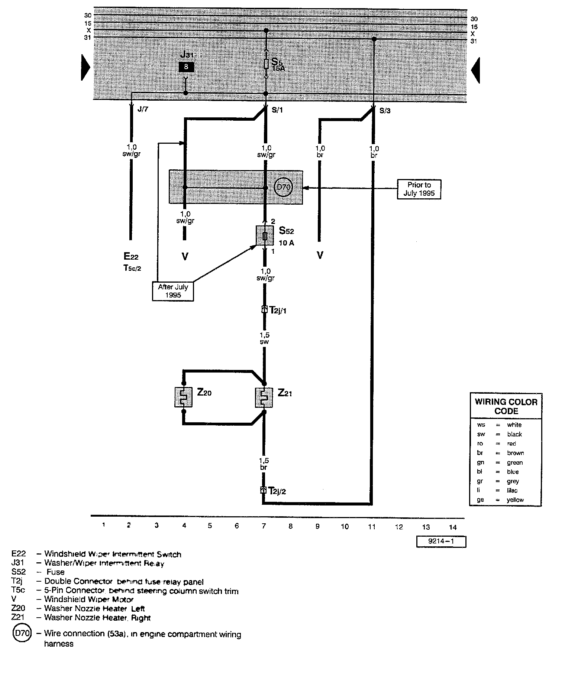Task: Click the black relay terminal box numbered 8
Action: [x=186, y=67]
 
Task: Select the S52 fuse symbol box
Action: [x=265, y=235]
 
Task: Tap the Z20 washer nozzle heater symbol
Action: [x=183, y=397]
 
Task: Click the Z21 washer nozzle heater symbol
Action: [x=264, y=397]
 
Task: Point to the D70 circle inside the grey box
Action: [x=283, y=188]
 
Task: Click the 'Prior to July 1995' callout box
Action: [x=419, y=189]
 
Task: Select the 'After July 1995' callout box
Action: [x=173, y=291]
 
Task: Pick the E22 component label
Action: [x=131, y=256]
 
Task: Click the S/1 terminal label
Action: [x=277, y=110]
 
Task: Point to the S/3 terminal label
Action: [x=385, y=111]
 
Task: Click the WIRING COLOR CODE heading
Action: [x=506, y=406]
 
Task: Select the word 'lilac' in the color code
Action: [x=512, y=490]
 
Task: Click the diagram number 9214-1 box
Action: [x=441, y=541]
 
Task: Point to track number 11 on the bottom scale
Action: [x=372, y=526]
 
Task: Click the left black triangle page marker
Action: [x=85, y=68]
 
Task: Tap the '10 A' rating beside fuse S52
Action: [x=286, y=243]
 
